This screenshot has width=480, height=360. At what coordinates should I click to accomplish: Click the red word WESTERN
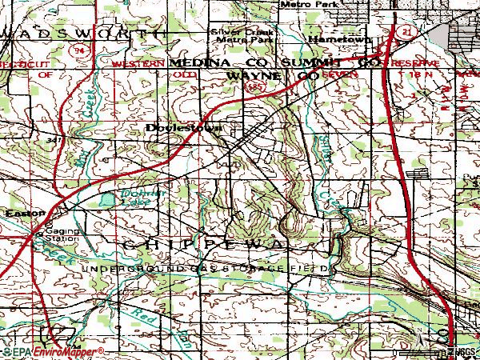137,62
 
